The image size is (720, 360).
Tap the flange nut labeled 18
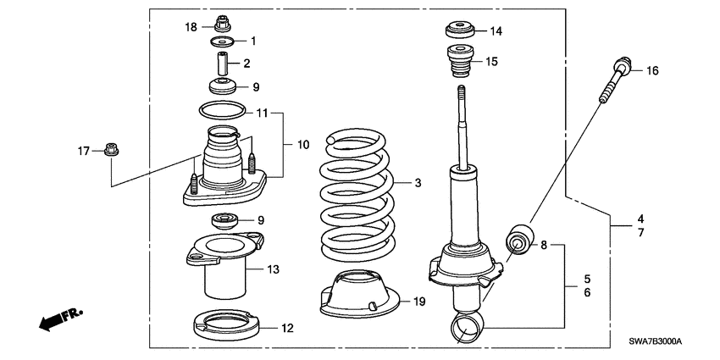[224, 22]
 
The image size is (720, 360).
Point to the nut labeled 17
[110, 151]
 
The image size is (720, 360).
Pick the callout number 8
[545, 246]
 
